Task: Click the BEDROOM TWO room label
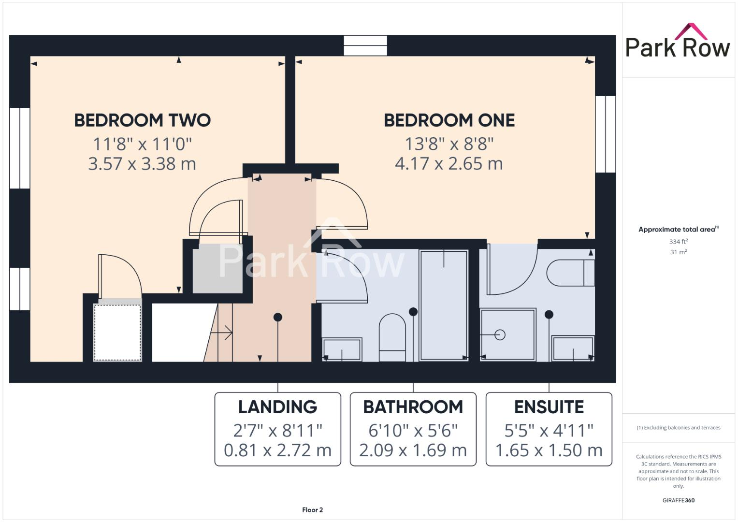point(142,120)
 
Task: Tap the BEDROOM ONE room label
point(449,120)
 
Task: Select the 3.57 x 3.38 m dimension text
point(142,164)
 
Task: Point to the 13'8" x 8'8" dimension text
point(449,144)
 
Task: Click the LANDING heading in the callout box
point(277,407)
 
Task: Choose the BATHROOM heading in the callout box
point(413,407)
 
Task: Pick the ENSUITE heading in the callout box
point(549,407)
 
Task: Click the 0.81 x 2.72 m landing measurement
point(277,450)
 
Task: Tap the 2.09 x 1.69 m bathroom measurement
point(413,450)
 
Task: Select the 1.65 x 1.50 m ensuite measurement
point(549,450)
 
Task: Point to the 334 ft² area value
point(679,242)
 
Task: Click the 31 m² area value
point(679,252)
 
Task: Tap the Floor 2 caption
point(312,510)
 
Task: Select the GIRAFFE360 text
point(678,500)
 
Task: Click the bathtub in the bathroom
point(444,305)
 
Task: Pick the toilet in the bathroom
point(392,337)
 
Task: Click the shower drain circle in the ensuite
point(500,334)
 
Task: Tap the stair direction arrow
point(222,333)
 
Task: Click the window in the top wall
point(365,45)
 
